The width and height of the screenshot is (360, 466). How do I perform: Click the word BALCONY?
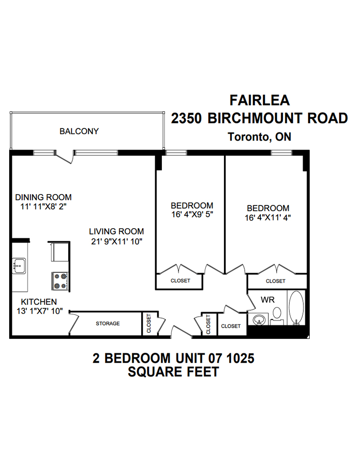point(79,131)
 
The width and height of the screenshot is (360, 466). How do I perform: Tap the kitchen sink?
point(19,266)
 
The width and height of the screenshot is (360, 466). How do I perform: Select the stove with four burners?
point(60,281)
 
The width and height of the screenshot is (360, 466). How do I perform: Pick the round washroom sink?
point(260,319)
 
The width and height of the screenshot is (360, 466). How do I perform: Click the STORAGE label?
point(107,324)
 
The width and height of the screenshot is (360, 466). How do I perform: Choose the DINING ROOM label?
point(43,197)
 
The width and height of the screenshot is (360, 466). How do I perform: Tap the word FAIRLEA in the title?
point(260,100)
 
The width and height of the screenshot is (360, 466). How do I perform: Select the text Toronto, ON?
point(260,137)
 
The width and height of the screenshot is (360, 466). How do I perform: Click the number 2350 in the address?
point(187,118)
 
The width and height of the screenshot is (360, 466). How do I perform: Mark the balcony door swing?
point(67,157)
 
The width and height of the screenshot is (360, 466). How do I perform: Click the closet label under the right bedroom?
point(276,281)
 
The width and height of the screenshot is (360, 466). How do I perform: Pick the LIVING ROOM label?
point(116,231)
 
